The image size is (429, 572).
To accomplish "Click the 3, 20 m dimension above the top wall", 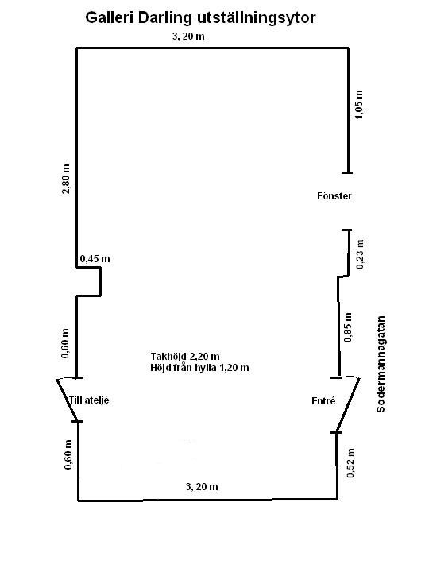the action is click(188, 37).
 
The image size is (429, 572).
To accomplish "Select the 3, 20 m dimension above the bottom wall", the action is click(202, 487).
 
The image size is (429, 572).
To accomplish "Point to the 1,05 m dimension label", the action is click(359, 104).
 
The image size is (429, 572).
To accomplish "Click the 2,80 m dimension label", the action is click(66, 179).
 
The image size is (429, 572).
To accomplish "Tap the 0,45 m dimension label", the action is click(95, 259).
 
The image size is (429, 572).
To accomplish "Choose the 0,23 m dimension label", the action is click(360, 254).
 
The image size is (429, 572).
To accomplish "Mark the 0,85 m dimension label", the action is click(349, 327).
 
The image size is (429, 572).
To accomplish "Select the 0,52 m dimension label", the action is click(350, 463).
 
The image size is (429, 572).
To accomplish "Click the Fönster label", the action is click(334, 196).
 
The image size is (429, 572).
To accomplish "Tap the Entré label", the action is click(323, 401).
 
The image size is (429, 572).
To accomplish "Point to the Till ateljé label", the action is click(89, 400).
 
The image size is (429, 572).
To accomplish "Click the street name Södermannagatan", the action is click(381, 364).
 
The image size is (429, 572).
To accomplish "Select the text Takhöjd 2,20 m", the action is click(185, 356).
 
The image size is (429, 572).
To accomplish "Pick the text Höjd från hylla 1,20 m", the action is click(199, 367).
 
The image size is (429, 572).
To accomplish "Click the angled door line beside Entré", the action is click(348, 405).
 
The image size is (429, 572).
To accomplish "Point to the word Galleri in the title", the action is click(110, 17).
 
